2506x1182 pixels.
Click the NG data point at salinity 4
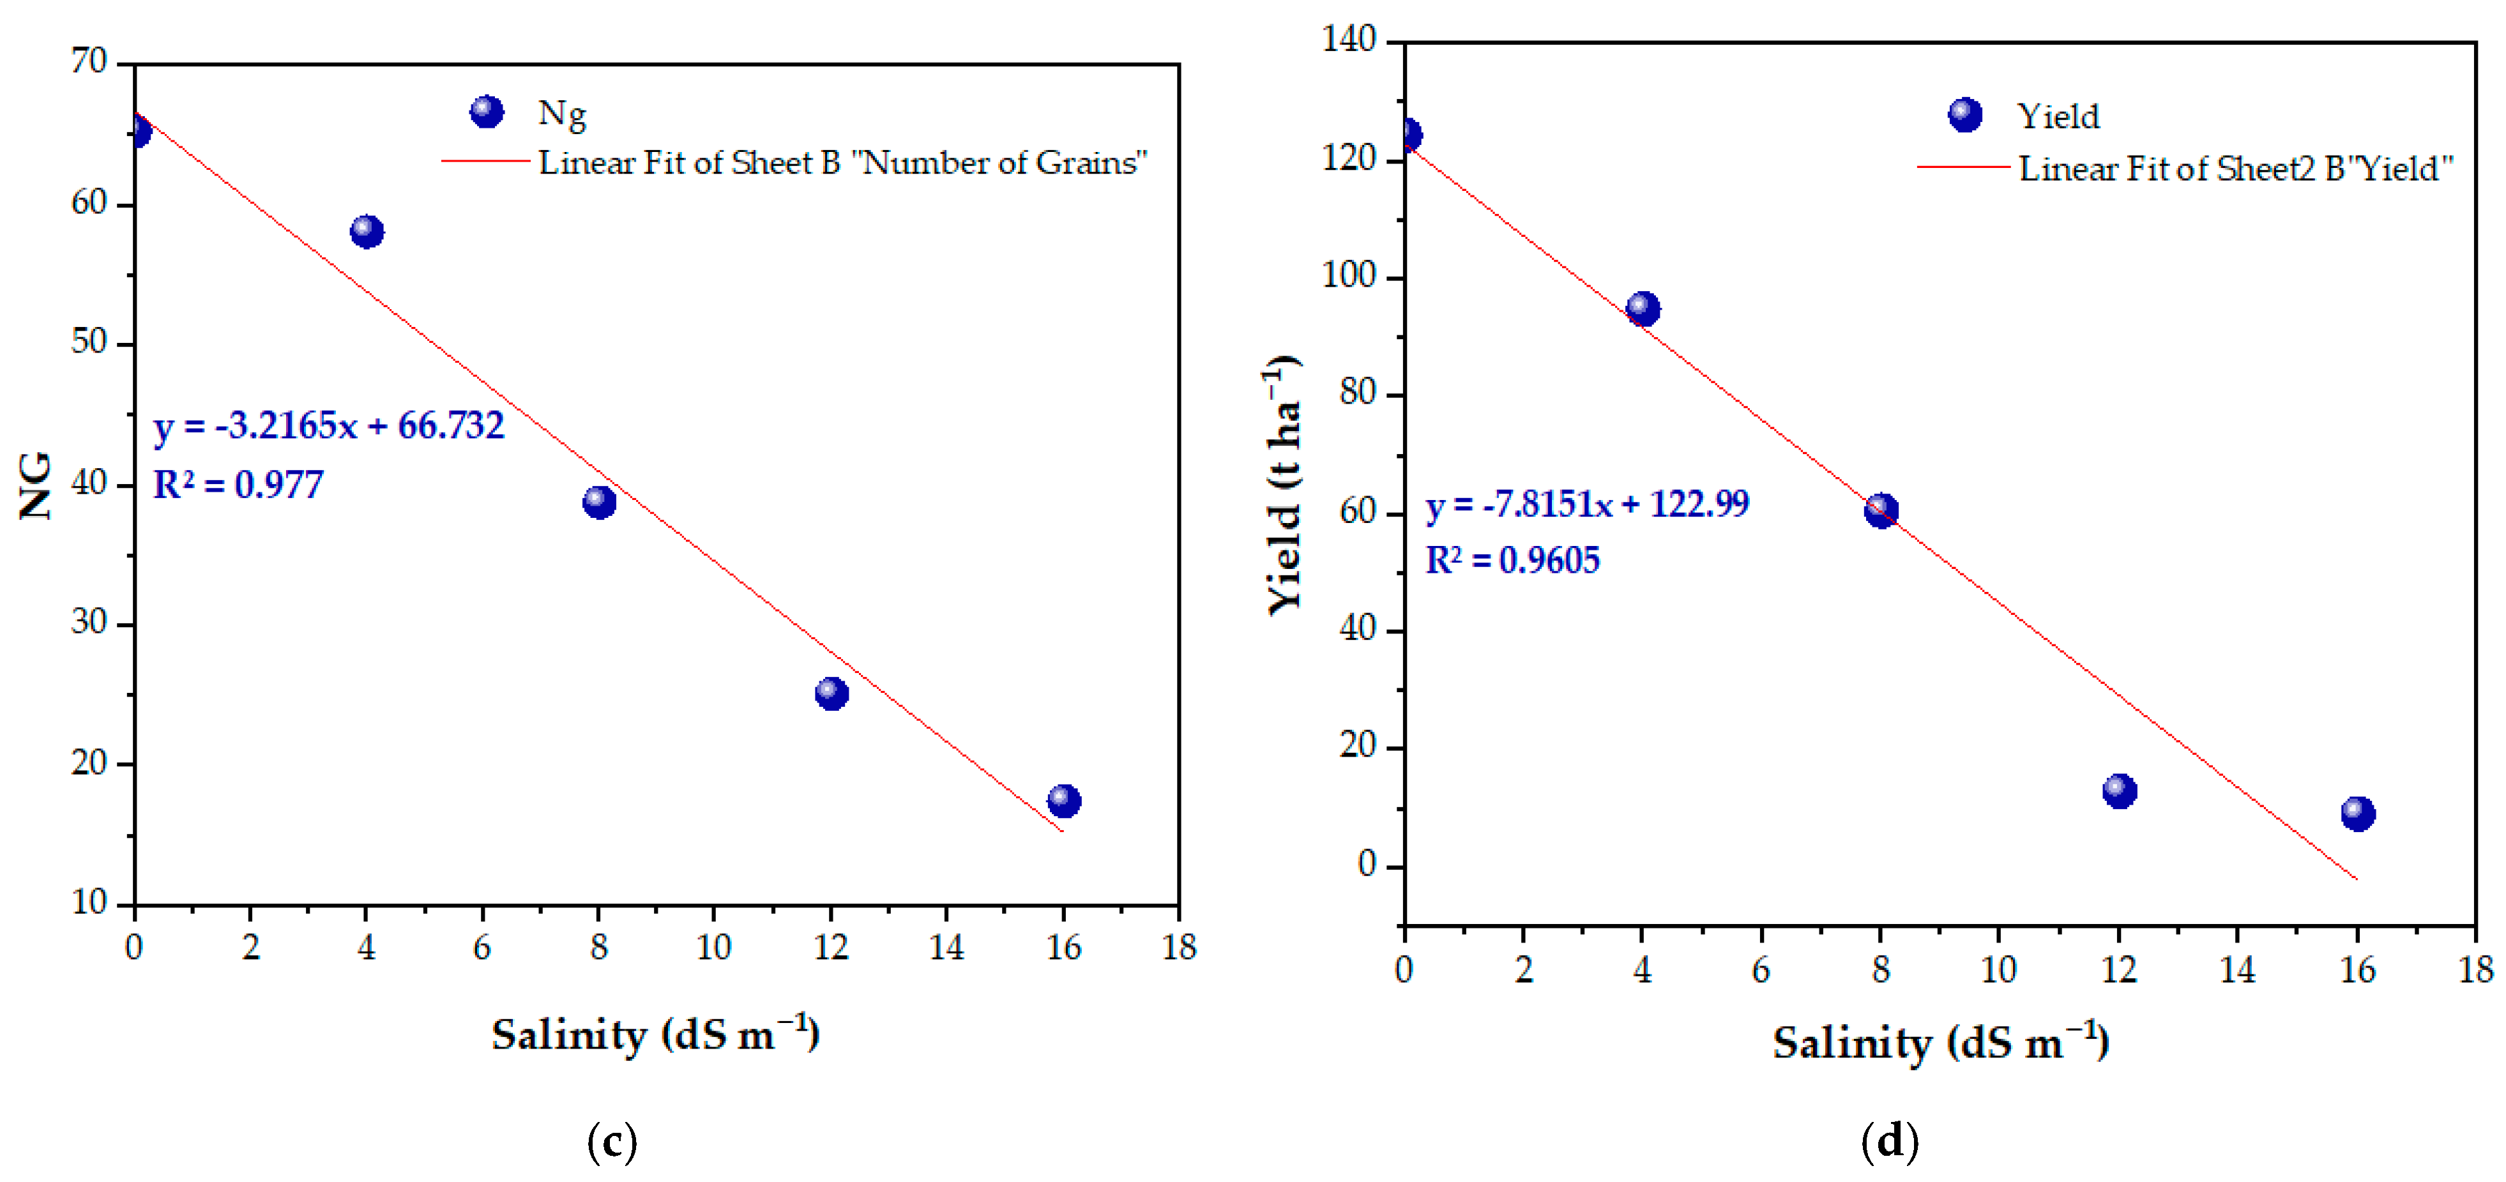click(x=367, y=232)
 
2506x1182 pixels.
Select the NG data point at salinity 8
click(x=599, y=502)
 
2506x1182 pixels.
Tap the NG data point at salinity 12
click(x=831, y=693)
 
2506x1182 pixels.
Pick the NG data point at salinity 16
click(x=1063, y=801)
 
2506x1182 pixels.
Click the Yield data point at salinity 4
click(x=1643, y=309)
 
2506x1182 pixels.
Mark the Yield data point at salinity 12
click(x=2119, y=791)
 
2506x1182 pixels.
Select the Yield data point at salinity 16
click(x=2357, y=814)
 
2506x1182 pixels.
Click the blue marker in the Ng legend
click(x=487, y=112)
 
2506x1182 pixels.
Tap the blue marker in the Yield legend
click(x=1964, y=115)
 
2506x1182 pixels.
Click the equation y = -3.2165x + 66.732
click(x=329, y=426)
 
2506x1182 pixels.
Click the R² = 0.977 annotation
click(x=238, y=485)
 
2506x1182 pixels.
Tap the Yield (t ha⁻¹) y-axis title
click(x=1284, y=485)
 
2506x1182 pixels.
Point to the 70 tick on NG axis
click(x=89, y=61)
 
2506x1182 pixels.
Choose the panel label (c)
click(x=612, y=1141)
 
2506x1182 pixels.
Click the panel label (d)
click(x=1889, y=1141)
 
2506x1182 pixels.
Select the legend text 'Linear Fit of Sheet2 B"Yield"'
click(x=2236, y=169)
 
